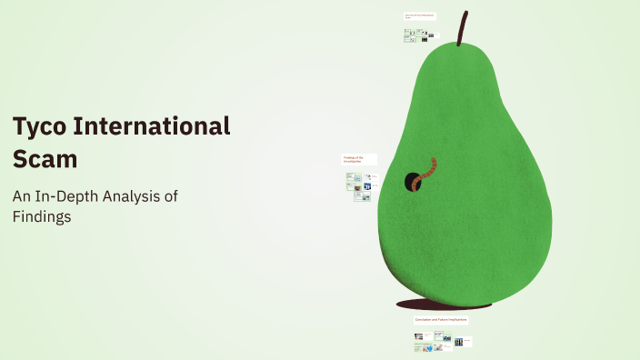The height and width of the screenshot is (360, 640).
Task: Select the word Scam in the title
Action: (x=45, y=158)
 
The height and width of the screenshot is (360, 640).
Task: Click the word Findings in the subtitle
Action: (x=42, y=218)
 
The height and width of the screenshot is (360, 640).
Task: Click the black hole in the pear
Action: (x=411, y=181)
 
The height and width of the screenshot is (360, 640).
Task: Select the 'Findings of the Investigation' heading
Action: (x=354, y=159)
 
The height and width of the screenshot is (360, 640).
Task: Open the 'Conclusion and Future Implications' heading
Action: (x=441, y=321)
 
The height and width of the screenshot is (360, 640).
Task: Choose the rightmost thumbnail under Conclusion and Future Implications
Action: (x=459, y=342)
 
